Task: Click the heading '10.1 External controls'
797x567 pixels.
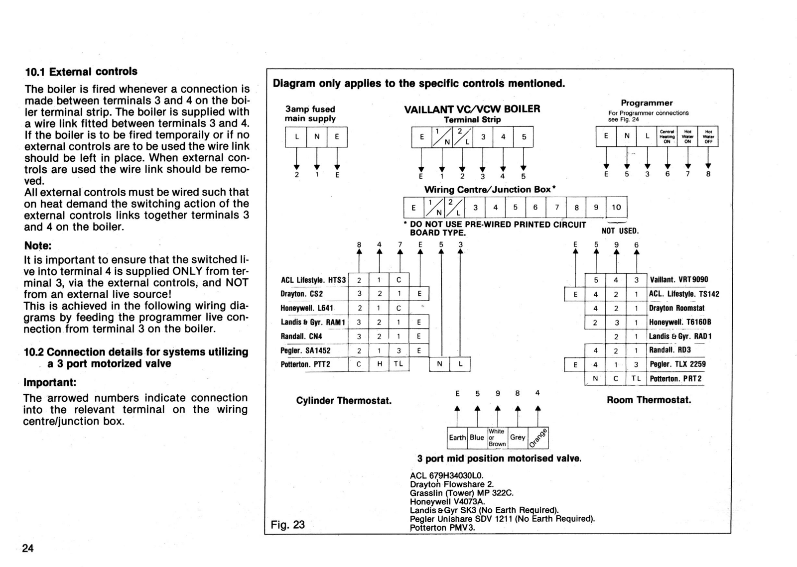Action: [81, 72]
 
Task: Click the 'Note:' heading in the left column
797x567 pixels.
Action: [38, 246]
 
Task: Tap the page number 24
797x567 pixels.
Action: [28, 548]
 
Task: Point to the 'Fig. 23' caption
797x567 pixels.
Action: [287, 525]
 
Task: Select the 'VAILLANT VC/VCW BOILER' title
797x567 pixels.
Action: [472, 109]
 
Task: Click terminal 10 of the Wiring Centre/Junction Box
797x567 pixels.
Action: [616, 208]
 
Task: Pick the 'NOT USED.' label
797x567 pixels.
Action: [620, 231]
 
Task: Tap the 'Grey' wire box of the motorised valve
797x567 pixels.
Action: [518, 438]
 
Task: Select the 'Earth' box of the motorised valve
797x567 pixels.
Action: [457, 438]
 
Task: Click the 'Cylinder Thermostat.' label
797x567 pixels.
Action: [344, 401]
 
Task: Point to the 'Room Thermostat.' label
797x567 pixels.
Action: [649, 400]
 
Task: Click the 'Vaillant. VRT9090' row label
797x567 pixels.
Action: [679, 280]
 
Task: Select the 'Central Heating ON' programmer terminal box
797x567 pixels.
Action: [666, 136]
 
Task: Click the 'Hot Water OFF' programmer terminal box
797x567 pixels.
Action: [708, 136]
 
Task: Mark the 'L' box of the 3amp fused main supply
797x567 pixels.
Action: [296, 137]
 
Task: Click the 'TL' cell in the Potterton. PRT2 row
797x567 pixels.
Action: [636, 378]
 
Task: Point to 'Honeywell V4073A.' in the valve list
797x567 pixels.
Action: [447, 502]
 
